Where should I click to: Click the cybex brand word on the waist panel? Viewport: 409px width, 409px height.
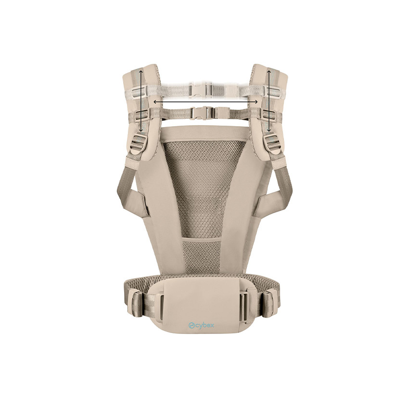click(208, 326)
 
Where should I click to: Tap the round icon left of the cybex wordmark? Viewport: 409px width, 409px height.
click(192, 326)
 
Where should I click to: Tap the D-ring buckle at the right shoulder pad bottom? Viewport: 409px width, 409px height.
click(272, 143)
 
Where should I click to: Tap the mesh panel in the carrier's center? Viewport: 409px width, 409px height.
click(204, 192)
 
